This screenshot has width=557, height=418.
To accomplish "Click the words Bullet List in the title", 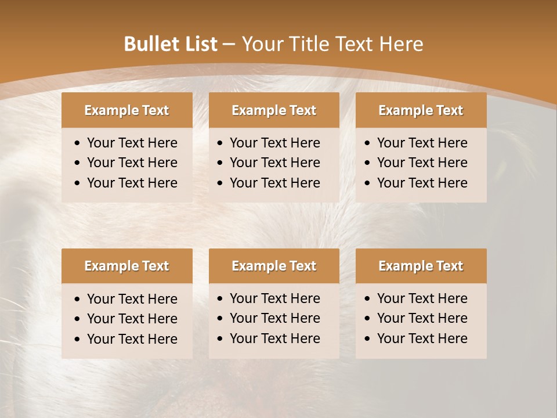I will click(x=170, y=44).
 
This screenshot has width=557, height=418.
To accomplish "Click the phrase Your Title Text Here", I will click(x=332, y=44).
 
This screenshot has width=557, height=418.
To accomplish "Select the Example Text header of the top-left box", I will click(x=126, y=110).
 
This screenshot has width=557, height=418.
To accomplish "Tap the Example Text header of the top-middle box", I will click(x=274, y=110).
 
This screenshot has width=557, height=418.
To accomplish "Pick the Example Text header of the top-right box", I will click(x=421, y=110).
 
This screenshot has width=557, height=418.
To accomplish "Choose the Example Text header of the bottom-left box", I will click(x=126, y=266).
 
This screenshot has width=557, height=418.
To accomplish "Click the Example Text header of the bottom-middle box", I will click(x=274, y=266).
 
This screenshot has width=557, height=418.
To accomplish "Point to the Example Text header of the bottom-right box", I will click(x=421, y=266).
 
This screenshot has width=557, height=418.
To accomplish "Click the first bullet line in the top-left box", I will click(x=132, y=143).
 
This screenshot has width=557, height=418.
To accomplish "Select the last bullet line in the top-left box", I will click(x=132, y=183).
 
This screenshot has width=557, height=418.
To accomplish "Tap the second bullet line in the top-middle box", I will click(x=274, y=163).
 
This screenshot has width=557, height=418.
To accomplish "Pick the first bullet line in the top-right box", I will click(x=422, y=143).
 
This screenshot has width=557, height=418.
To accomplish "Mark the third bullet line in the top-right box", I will click(x=422, y=183).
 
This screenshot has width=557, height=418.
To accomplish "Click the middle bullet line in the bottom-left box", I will click(x=132, y=319).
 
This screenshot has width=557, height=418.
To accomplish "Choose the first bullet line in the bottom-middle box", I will click(x=274, y=298).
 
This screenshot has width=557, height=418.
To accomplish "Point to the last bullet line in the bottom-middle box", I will click(x=274, y=338).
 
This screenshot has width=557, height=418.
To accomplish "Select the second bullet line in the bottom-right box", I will click(x=422, y=318).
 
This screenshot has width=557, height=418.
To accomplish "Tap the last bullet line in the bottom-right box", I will click(x=422, y=338).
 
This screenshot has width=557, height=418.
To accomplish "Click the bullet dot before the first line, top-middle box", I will click(x=220, y=143).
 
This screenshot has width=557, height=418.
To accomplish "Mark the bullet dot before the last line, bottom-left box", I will click(x=78, y=340).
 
